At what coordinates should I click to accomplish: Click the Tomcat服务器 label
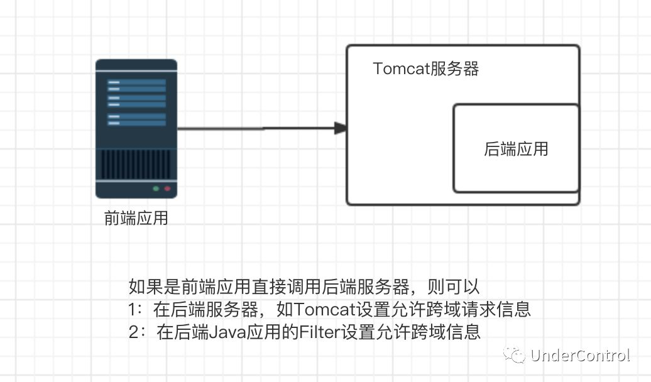(425, 68)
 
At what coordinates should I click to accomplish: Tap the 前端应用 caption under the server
(136, 218)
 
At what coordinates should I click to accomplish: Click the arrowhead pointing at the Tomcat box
(341, 128)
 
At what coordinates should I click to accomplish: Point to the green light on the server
(156, 188)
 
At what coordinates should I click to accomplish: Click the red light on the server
(167, 188)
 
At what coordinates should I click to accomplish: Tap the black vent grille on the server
(136, 165)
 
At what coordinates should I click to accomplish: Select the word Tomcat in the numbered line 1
(325, 309)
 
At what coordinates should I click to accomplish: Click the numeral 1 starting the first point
(132, 310)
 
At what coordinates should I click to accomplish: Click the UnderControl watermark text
(580, 356)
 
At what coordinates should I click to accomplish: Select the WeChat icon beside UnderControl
(515, 355)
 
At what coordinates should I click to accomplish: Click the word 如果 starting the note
(146, 286)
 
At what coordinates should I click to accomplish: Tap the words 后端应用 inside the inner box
(516, 149)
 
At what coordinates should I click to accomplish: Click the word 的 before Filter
(290, 332)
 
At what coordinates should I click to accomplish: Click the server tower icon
(136, 129)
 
